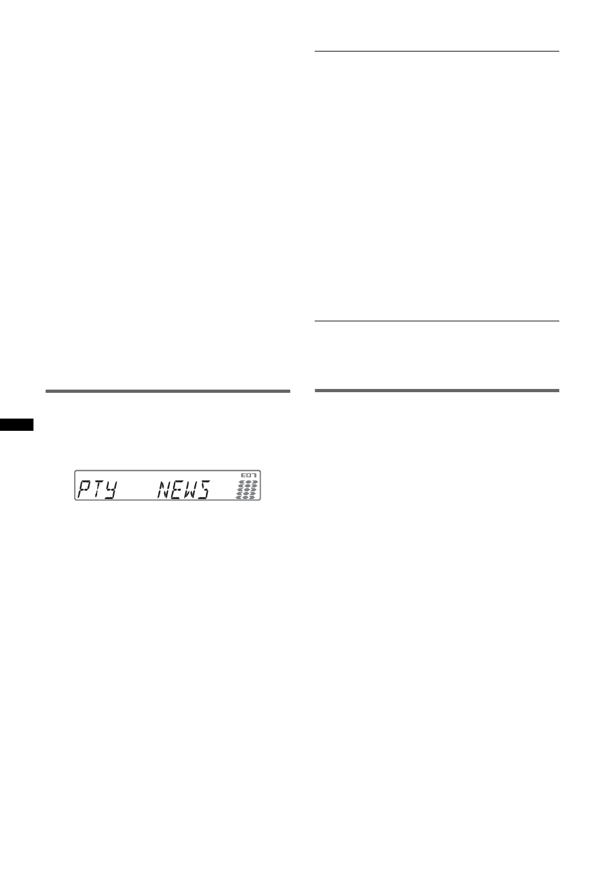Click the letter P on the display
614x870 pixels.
(x=84, y=489)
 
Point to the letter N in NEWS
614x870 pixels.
(x=164, y=489)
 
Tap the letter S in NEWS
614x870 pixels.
(x=204, y=489)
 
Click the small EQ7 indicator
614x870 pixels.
(x=249, y=475)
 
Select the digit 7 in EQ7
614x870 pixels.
(x=254, y=475)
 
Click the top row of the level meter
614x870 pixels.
(x=248, y=482)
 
